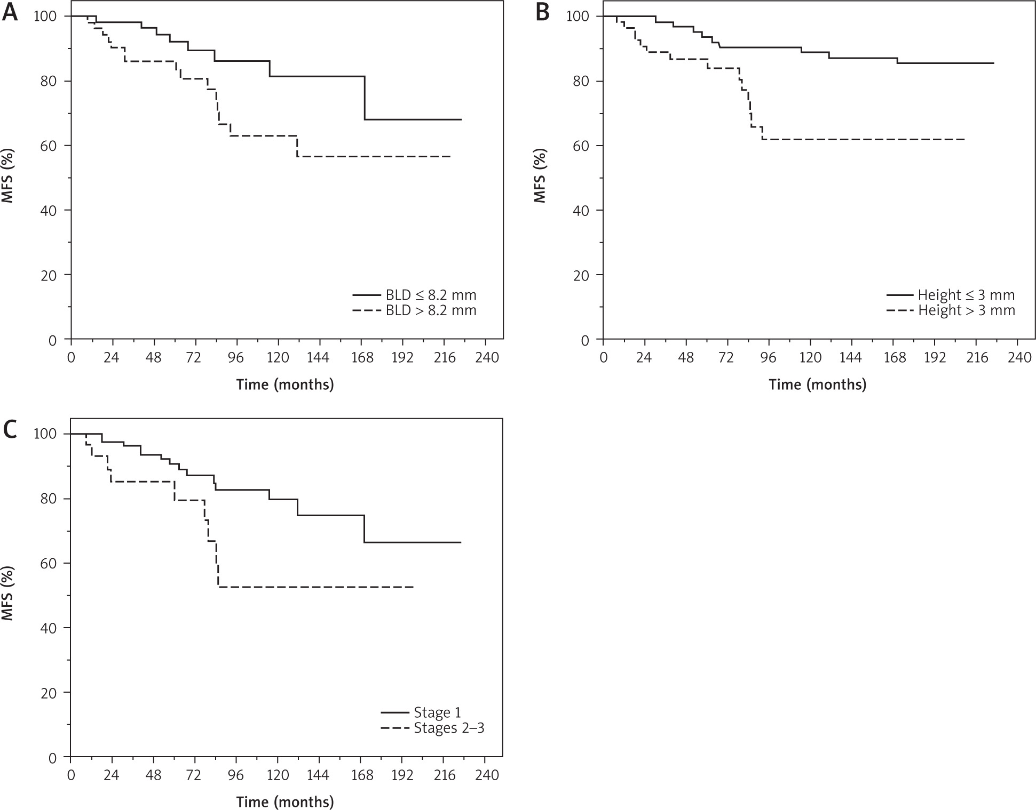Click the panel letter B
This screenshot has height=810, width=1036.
542,12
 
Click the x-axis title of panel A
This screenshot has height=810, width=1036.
285,384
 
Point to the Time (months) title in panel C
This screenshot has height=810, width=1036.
285,802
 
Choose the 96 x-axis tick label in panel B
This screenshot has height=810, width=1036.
768,357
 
